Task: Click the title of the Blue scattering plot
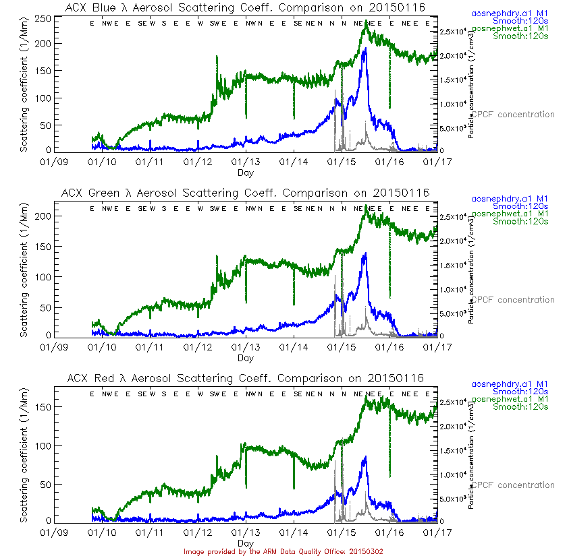point(246,7)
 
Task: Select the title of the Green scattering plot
point(246,193)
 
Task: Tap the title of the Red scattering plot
point(246,378)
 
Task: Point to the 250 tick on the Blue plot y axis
point(44,19)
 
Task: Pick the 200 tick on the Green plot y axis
point(44,216)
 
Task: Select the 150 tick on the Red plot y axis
point(44,406)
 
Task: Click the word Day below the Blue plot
point(246,173)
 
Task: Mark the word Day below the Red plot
point(246,543)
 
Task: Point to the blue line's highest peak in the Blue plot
point(365,49)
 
